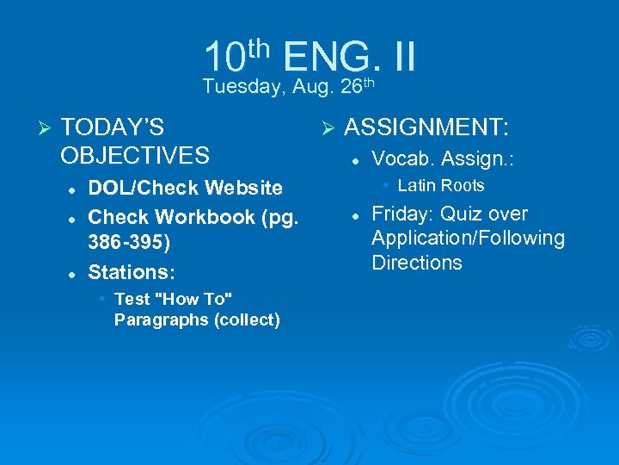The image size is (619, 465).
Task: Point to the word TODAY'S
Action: click(x=113, y=128)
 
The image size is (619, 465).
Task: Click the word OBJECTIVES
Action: click(x=135, y=156)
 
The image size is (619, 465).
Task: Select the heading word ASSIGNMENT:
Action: click(x=426, y=129)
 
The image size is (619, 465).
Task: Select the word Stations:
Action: click(x=132, y=272)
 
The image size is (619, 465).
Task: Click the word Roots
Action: click(x=465, y=185)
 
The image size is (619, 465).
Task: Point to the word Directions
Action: click(x=417, y=263)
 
